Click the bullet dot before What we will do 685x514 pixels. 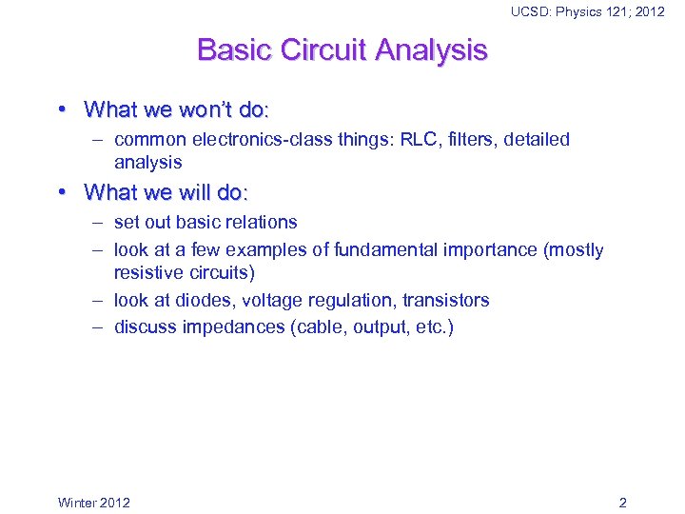point(62,192)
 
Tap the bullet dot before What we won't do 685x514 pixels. point(62,109)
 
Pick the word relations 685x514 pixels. point(262,223)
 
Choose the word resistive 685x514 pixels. point(147,273)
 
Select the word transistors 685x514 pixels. point(445,301)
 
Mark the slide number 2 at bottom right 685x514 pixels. point(622,503)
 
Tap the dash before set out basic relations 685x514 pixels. point(99,223)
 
